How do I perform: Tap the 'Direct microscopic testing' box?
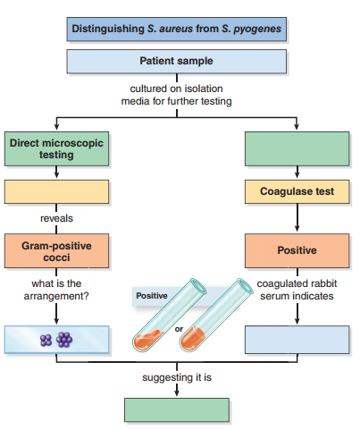coord(57,149)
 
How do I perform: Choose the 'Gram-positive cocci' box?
coord(57,250)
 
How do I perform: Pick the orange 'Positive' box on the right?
coord(297,250)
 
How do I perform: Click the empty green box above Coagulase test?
coord(297,149)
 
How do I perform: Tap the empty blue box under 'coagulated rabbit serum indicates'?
coord(297,339)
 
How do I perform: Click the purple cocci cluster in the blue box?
coord(55,339)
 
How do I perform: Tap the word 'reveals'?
coord(57,218)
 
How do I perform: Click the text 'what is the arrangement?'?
coord(57,290)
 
